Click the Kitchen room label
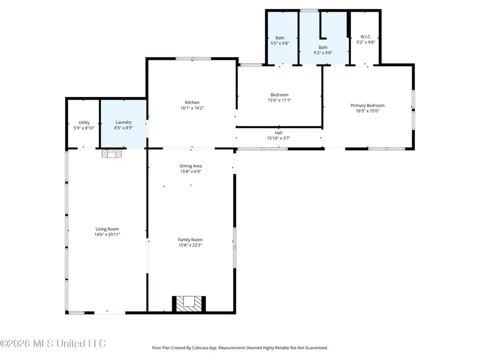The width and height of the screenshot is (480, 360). tap(192, 102)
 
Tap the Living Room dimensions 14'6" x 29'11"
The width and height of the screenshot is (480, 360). tap(107, 234)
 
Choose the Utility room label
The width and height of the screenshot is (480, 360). tap(84, 122)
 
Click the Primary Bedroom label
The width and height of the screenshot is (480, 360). tap(367, 106)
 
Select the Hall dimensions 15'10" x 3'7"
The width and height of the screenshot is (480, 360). tap(278, 139)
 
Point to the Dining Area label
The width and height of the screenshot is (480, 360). tap(190, 166)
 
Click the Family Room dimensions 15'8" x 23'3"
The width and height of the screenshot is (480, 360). tap(190, 245)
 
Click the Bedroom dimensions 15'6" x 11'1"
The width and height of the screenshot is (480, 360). tap(279, 100)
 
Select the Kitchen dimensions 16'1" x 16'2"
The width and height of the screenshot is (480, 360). tap(192, 108)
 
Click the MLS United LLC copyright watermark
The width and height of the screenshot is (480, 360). tap(53, 343)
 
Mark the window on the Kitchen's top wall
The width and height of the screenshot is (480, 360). tap(193, 59)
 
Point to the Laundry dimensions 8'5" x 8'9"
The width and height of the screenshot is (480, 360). tap(123, 128)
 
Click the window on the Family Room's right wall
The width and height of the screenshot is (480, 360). tap(234, 246)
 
